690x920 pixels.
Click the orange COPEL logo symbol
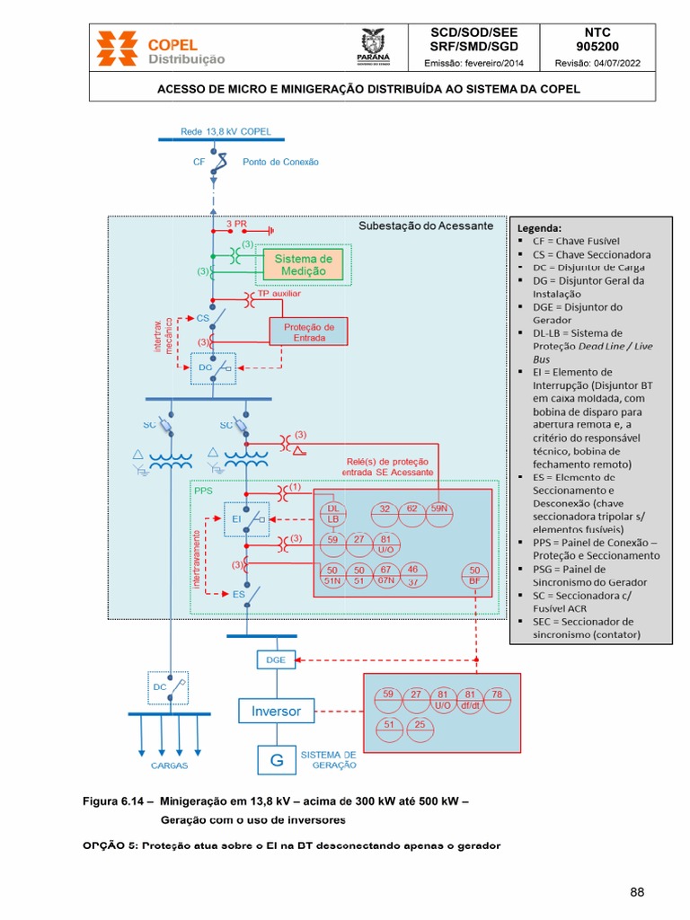[x=118, y=49]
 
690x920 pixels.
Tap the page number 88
[x=637, y=892]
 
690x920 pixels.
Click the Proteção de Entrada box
[x=308, y=332]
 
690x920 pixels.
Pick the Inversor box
[x=276, y=712]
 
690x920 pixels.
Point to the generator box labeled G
[x=276, y=760]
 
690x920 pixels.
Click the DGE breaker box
[x=276, y=659]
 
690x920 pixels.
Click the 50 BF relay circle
[x=475, y=576]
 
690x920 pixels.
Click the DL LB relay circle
[x=332, y=514]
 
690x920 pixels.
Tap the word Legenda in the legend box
[x=537, y=227]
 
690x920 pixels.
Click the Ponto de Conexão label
[x=280, y=163]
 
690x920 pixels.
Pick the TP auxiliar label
[x=279, y=293]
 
